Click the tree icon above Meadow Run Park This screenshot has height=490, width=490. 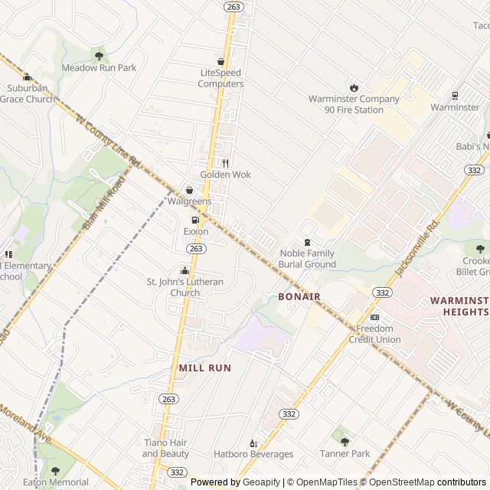(x=98, y=55)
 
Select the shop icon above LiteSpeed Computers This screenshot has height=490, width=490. (x=221, y=61)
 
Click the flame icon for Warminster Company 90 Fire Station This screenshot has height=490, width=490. (x=354, y=87)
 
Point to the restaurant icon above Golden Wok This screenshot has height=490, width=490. (x=225, y=163)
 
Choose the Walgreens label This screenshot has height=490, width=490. (x=189, y=201)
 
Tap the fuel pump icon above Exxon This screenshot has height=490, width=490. (x=195, y=220)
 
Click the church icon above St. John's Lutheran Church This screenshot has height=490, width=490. (x=185, y=271)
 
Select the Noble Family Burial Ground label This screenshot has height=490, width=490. (x=308, y=259)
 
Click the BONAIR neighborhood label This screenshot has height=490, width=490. (x=299, y=296)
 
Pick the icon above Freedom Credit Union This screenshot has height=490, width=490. (x=374, y=318)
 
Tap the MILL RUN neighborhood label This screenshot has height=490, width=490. (x=204, y=368)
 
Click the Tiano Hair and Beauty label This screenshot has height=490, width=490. (x=165, y=448)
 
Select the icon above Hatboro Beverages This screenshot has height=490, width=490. (x=253, y=443)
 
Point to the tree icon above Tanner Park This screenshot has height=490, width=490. (x=345, y=442)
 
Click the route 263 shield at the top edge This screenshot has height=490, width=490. (x=233, y=6)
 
